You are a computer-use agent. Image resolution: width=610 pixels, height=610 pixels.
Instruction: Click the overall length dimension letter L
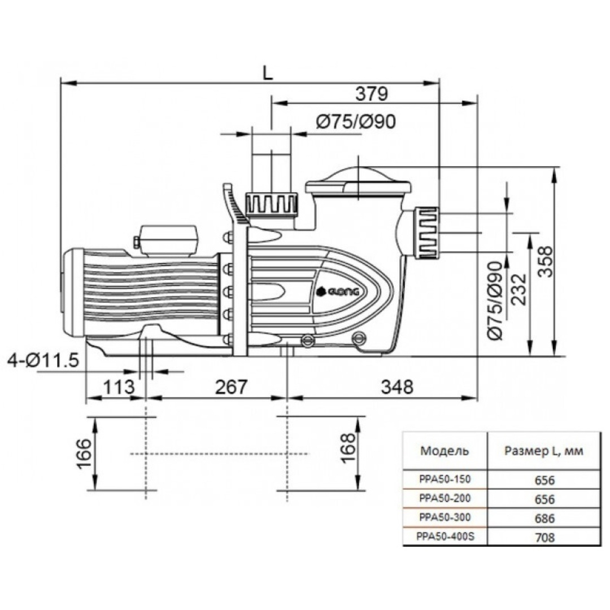pos(268,72)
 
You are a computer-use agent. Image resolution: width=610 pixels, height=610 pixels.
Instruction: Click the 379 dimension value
pos(372,94)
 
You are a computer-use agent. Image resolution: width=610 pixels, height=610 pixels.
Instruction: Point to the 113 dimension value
pos(119,387)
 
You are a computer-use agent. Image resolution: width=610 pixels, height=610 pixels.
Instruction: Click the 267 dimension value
pos(231,387)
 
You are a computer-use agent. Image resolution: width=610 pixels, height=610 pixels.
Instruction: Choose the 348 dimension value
pos(397,387)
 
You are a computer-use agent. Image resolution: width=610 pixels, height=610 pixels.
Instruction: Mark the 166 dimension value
pos(84,454)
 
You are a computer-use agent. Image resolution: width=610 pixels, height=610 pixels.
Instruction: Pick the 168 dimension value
pos(348,448)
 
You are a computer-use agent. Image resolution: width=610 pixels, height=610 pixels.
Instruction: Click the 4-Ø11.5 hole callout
pos(43,360)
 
